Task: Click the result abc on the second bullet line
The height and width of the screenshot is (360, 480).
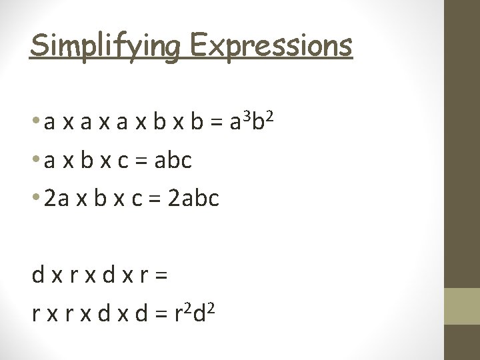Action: (x=171, y=161)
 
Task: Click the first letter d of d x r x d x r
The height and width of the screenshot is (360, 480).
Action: (x=38, y=275)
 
